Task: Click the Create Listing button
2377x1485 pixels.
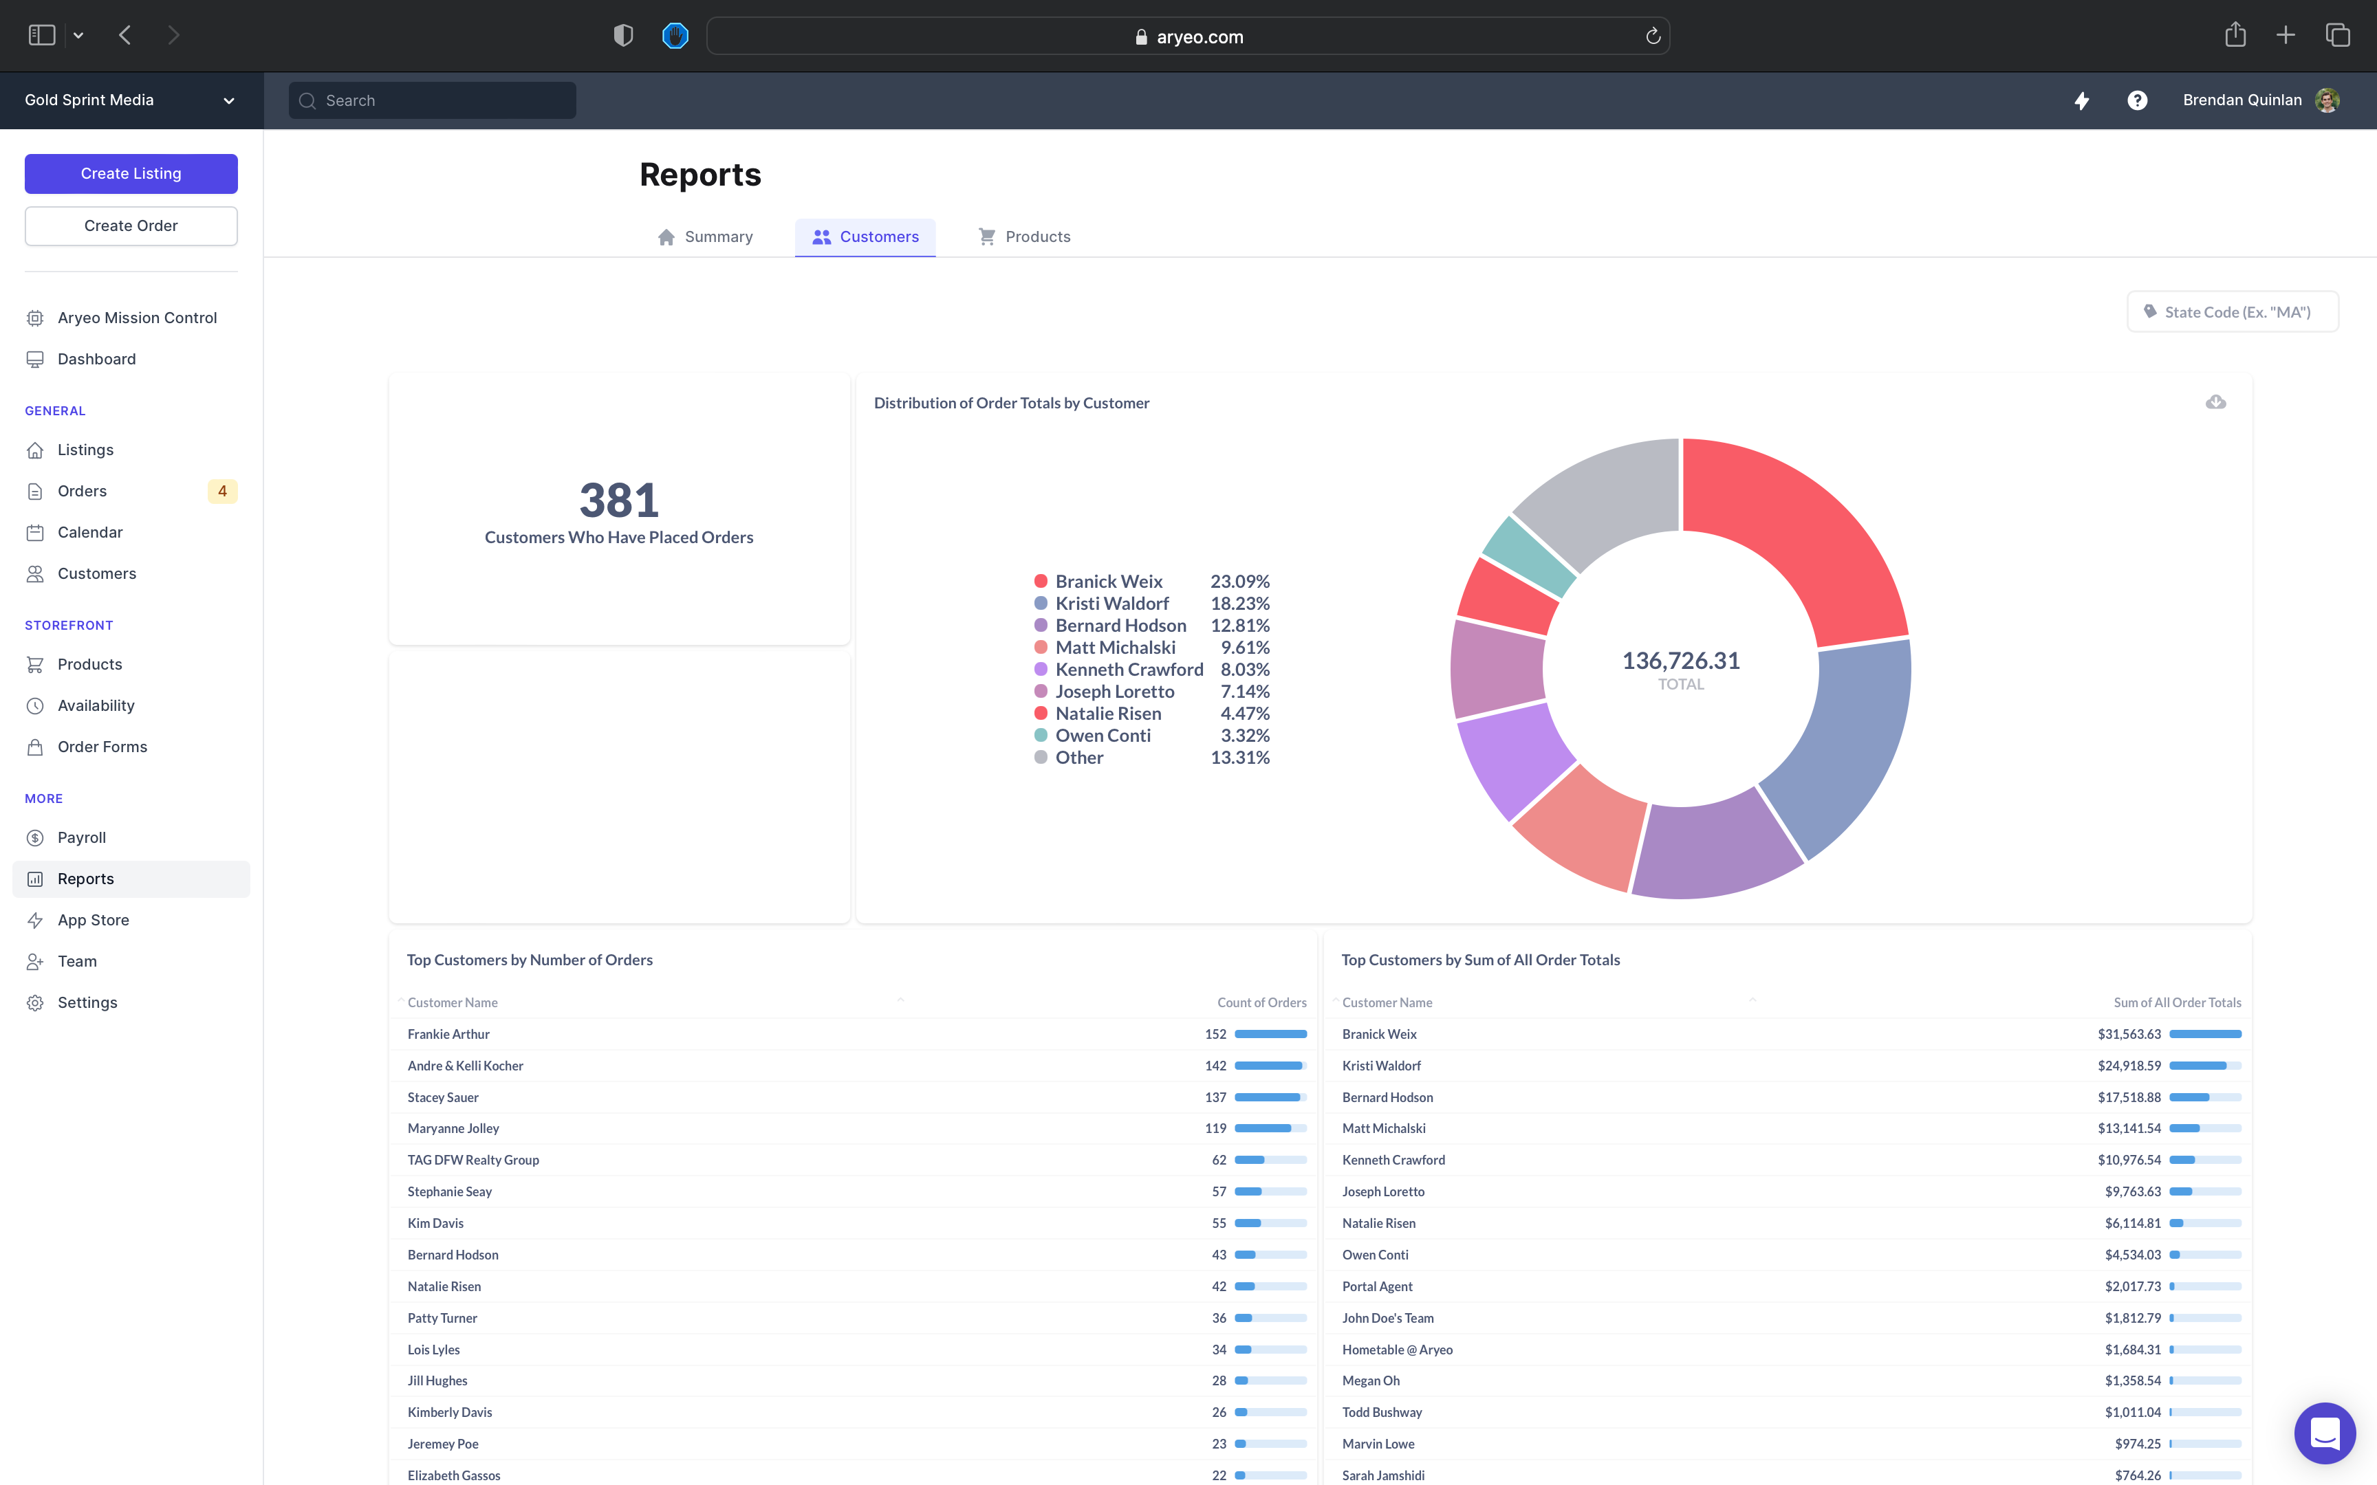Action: click(x=131, y=174)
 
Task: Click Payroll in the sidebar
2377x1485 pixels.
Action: click(x=82, y=838)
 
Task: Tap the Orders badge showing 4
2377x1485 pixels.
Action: click(x=222, y=491)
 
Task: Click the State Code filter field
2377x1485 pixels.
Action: click(x=2233, y=312)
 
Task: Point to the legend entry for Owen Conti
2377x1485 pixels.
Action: click(x=1102, y=736)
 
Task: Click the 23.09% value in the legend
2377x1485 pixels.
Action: click(x=1239, y=582)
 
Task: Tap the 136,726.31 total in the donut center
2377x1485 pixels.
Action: click(x=1680, y=661)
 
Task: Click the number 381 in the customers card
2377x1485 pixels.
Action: click(x=619, y=501)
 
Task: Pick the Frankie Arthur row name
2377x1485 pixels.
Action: click(x=449, y=1034)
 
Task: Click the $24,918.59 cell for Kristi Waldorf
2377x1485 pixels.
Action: click(x=2129, y=1066)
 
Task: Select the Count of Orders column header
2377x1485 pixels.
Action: click(x=1261, y=1003)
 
